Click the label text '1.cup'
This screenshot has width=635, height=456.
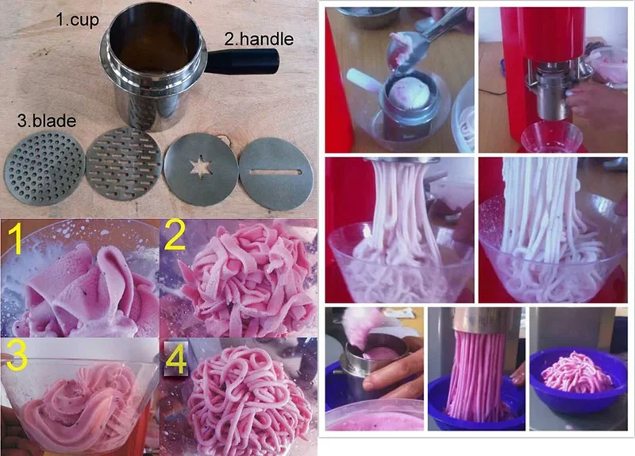click(x=76, y=19)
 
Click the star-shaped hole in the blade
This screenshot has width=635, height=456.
click(x=197, y=167)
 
